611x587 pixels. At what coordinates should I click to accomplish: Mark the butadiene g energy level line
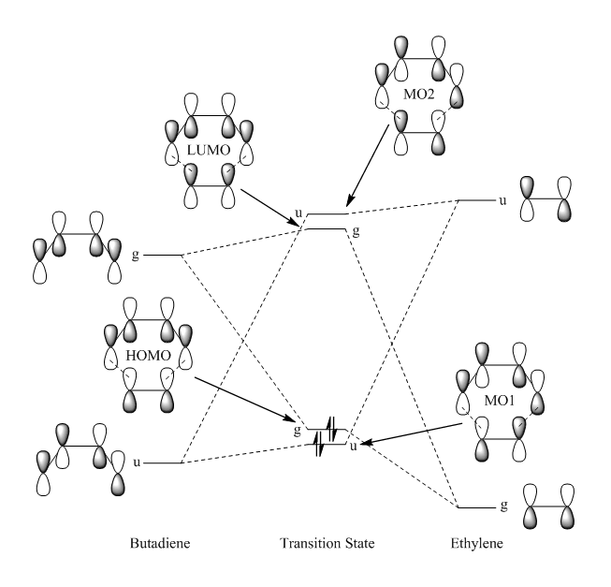162,255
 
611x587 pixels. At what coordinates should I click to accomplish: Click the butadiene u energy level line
162,462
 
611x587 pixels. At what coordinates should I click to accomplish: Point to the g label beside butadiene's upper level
136,255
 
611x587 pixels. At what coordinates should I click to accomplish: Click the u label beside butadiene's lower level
136,462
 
